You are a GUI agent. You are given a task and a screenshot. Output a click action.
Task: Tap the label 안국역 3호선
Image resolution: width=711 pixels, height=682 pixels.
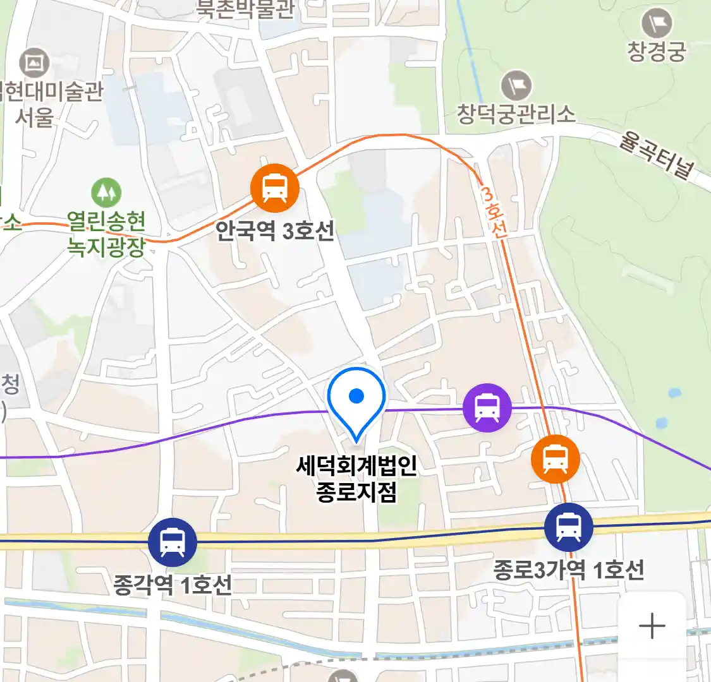(275, 231)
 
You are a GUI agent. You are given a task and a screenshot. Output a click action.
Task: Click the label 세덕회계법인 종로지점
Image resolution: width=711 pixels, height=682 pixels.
(357, 479)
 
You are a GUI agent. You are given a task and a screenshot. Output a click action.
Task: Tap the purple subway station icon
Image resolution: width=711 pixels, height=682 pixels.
(487, 408)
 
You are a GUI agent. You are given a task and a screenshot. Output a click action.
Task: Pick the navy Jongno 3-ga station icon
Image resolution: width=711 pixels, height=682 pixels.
(569, 527)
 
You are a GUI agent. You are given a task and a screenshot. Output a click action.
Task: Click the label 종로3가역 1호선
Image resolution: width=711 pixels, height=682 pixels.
(569, 570)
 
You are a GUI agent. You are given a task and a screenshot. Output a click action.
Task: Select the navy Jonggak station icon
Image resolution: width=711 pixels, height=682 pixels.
(173, 542)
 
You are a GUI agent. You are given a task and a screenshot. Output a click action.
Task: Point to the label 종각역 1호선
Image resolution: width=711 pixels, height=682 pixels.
(173, 585)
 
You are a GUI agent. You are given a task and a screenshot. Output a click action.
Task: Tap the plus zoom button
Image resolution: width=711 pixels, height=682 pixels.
(652, 626)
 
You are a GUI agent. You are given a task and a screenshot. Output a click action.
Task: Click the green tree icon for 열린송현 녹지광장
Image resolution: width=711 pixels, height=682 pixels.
(106, 191)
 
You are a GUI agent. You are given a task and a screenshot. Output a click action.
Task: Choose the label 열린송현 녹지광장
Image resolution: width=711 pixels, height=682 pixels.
(106, 234)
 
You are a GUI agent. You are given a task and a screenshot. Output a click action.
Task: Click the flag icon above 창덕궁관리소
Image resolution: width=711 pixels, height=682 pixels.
(516, 86)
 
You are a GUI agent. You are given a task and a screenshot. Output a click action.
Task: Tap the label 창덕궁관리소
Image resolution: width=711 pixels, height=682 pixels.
(516, 114)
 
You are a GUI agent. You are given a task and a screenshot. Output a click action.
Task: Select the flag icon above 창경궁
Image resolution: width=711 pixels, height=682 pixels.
(657, 24)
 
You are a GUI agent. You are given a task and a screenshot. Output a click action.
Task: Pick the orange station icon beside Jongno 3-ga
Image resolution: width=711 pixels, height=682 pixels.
(556, 458)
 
